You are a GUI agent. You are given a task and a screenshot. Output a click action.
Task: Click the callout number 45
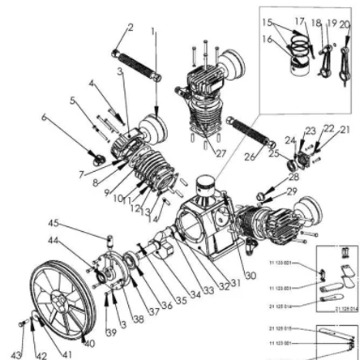[x=54, y=222]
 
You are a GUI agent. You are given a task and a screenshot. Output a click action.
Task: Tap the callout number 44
[x=54, y=241]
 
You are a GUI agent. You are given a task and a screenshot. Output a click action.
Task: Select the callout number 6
[x=44, y=117]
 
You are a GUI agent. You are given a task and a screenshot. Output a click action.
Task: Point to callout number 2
[x=129, y=27]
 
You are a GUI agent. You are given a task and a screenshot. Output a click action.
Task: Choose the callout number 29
[x=293, y=191]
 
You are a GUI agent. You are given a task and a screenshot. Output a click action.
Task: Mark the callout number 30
[x=251, y=276]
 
